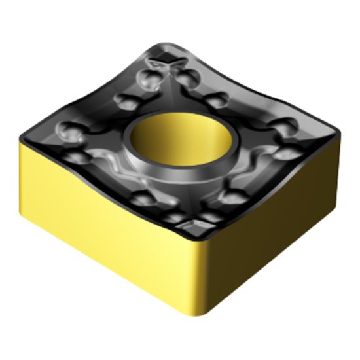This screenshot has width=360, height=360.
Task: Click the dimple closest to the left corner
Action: coord(65,130)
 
